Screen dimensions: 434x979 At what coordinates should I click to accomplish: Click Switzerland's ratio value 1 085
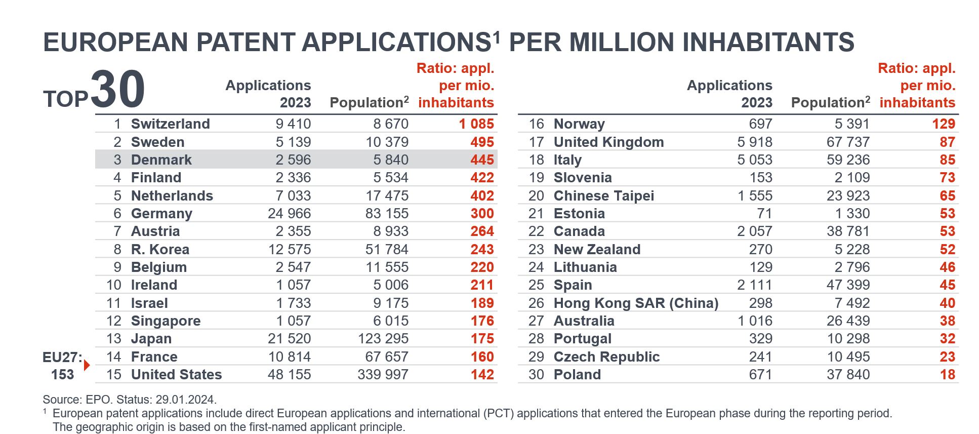[x=476, y=124]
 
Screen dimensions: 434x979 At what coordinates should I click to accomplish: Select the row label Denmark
[x=161, y=160]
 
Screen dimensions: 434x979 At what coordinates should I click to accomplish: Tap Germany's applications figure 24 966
[x=289, y=214]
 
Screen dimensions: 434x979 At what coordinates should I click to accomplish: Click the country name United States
[x=176, y=375]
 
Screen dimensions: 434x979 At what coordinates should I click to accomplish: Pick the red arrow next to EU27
[x=87, y=365]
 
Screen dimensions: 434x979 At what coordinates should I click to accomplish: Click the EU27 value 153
[x=62, y=375]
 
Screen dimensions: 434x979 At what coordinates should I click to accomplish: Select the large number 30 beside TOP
[x=118, y=90]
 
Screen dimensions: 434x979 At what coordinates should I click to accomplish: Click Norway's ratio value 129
[x=943, y=124]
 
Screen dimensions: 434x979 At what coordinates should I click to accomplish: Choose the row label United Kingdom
[x=608, y=142]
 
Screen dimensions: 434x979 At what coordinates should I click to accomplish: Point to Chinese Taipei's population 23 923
[x=848, y=196]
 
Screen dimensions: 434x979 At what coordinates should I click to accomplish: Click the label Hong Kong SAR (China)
[x=636, y=303]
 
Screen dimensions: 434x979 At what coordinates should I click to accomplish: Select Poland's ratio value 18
[x=947, y=375]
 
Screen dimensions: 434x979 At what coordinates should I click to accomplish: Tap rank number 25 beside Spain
[x=536, y=285]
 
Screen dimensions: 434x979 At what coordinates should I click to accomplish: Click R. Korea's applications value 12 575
[x=289, y=250]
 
